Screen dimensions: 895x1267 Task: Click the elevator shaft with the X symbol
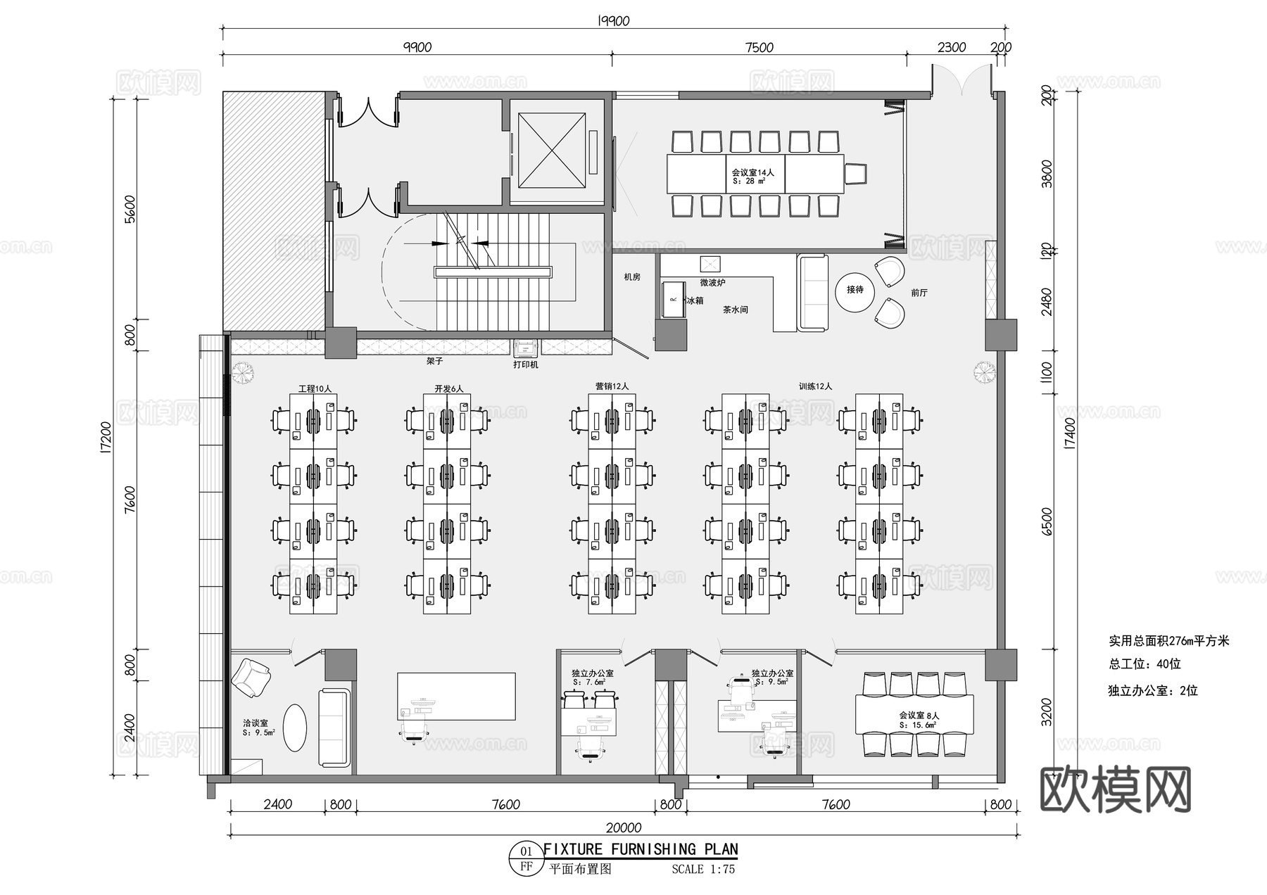[552, 151]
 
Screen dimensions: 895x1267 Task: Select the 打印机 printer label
[525, 365]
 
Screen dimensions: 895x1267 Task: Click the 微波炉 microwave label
[712, 283]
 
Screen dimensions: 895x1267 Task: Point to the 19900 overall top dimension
[613, 21]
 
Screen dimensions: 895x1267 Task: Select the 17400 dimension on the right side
[1070, 433]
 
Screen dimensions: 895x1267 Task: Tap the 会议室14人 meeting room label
[752, 172]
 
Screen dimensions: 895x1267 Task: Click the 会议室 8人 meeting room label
[919, 716]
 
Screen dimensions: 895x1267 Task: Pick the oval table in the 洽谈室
[295, 728]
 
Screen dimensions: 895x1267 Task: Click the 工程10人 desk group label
[315, 388]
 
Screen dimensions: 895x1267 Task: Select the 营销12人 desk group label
[612, 386]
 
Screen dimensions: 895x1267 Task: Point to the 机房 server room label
[632, 277]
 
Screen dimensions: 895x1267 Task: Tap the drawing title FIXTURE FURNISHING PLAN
[641, 849]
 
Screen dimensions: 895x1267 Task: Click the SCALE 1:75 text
[702, 869]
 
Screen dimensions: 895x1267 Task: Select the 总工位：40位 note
[1145, 664]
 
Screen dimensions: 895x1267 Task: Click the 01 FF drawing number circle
[526, 858]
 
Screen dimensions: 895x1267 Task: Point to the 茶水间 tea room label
[735, 310]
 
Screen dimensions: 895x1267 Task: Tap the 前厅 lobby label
[919, 293]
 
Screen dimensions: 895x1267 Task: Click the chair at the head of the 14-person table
[855, 173]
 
